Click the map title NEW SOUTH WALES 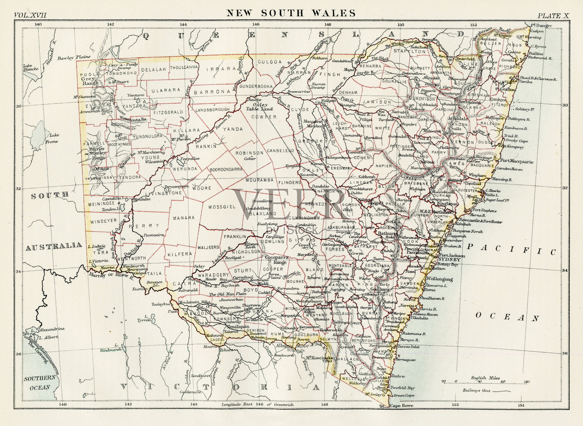click(x=291, y=13)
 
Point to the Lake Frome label click(x=51, y=138)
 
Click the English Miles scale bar click(x=485, y=382)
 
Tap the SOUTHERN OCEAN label click(x=40, y=382)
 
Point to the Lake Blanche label click(x=31, y=67)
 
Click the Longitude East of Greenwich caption click(x=257, y=404)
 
